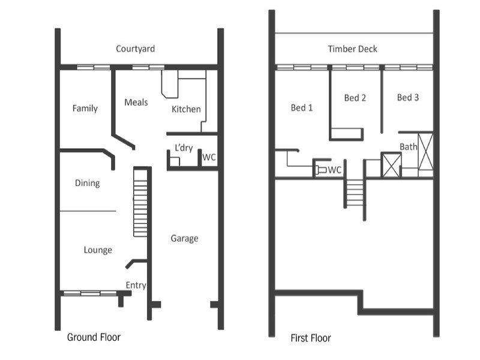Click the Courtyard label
coord(136,49)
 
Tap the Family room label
coord(85,109)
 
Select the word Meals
coord(136,103)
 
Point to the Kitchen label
coord(186,109)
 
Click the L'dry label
coord(184,148)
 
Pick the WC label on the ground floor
coord(209,157)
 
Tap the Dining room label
coord(88,183)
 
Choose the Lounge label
coord(98,250)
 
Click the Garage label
coord(184,238)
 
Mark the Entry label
coord(136,285)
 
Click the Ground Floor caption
coord(94,337)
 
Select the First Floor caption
coord(310,338)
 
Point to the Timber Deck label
coord(353,49)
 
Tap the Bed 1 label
coord(302,108)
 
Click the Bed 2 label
coord(355,98)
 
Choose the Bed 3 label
coord(408,97)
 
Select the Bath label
coord(409,146)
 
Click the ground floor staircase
coord(140,202)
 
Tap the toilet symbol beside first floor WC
coord(320,170)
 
